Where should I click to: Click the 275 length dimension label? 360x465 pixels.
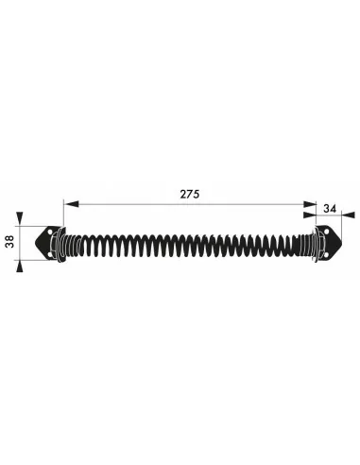coord(190,194)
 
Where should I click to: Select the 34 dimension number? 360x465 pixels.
coord(330,208)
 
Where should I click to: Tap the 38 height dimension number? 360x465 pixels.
coord(10,242)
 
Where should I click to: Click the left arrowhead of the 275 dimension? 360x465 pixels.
coord(71,204)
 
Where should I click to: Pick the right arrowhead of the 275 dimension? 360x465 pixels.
coord(310,204)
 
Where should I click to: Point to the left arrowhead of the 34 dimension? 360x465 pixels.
coord(310,215)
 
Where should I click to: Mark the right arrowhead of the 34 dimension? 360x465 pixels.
coord(349,215)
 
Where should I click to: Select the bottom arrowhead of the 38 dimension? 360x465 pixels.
coord(20,267)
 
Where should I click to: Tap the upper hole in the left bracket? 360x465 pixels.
coord(49,232)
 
